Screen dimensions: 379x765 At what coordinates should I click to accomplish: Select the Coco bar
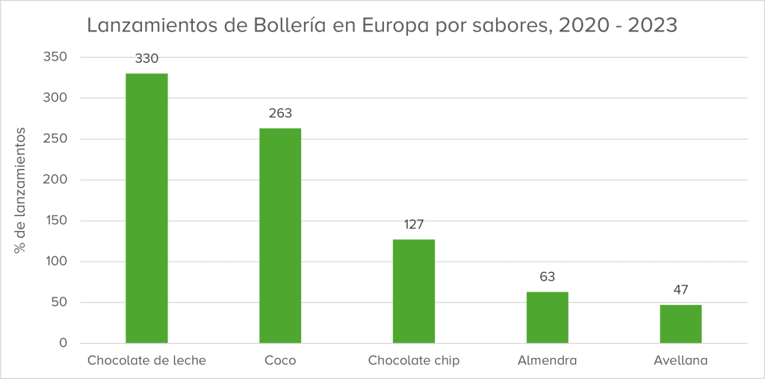(x=280, y=235)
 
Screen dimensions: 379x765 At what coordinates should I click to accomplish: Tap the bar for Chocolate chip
(x=414, y=291)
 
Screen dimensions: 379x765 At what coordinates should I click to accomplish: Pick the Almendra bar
(x=547, y=317)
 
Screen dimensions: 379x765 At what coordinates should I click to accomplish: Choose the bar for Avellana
(x=681, y=324)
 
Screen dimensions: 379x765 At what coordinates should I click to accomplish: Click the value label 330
(x=146, y=58)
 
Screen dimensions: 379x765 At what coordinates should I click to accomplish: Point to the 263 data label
(x=280, y=114)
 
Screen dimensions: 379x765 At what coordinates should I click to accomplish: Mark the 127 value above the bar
(x=414, y=224)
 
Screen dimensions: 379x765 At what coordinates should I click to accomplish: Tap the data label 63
(x=547, y=277)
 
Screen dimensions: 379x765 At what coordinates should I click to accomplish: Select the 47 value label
(x=681, y=290)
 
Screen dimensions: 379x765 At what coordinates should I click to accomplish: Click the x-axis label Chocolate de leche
(x=146, y=360)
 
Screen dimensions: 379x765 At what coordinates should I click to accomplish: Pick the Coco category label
(x=280, y=360)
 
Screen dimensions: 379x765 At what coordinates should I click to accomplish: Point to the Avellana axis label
(x=681, y=360)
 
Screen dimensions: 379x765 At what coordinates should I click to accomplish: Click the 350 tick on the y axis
(x=57, y=57)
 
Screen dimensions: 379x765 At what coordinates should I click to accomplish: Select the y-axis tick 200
(x=57, y=179)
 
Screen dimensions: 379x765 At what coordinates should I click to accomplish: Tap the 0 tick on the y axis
(x=64, y=343)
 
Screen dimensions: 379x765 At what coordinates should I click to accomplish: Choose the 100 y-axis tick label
(x=57, y=262)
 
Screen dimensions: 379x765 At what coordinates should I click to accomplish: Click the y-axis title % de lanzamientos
(x=22, y=191)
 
